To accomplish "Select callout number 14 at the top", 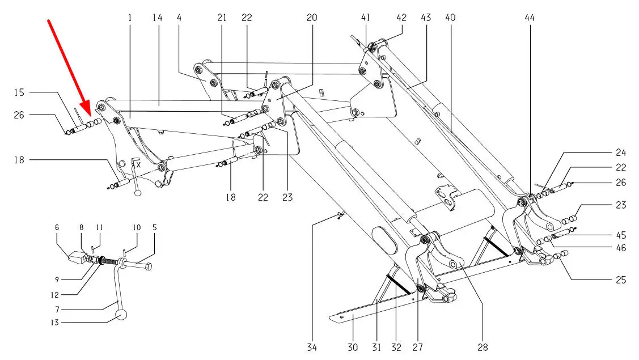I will click(x=157, y=18).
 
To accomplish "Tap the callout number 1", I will click(x=130, y=18).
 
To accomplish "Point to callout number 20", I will click(x=312, y=18).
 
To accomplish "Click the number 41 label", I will click(x=366, y=18).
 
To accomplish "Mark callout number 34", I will click(x=312, y=347).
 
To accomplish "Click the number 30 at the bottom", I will click(x=353, y=347).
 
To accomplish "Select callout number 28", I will click(x=483, y=347).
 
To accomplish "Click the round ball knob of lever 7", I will click(x=122, y=315).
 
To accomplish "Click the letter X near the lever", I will click(x=138, y=164).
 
